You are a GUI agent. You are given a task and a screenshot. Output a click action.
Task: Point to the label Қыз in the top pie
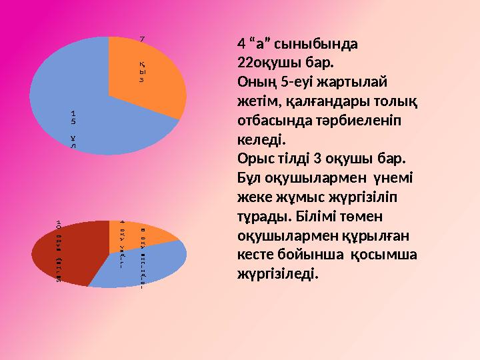pos(142,70)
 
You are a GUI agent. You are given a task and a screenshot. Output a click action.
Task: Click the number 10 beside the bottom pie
pos(59,223)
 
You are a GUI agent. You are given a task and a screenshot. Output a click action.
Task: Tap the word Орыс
pos(254,161)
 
